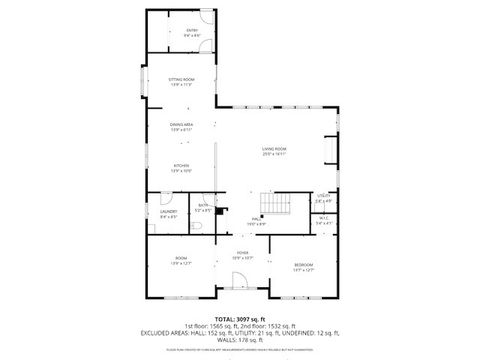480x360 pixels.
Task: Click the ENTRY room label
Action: [x=191, y=31]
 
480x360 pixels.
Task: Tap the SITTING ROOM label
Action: [x=181, y=80]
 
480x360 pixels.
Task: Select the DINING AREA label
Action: [x=181, y=126]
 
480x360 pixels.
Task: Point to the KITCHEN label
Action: [x=181, y=168]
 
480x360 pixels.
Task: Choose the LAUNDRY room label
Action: [x=168, y=213]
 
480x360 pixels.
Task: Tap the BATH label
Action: [x=202, y=208]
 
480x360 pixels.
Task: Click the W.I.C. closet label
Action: [x=323, y=222]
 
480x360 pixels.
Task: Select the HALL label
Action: [x=257, y=222]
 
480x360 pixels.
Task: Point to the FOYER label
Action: [x=242, y=255]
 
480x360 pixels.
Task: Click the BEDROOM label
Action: [x=303, y=266]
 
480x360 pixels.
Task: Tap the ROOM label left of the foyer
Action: [x=181, y=261]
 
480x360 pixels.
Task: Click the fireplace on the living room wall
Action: [x=331, y=150]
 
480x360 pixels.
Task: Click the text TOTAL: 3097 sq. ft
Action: [x=239, y=318]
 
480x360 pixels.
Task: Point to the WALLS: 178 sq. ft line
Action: [x=239, y=339]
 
